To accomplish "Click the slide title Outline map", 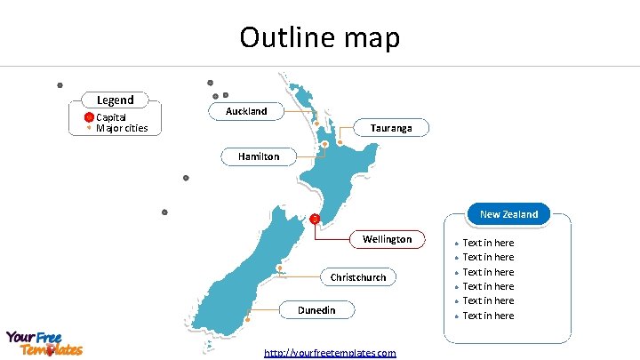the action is (x=320, y=37).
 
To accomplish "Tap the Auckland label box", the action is (x=246, y=111).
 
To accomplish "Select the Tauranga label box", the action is (x=390, y=128).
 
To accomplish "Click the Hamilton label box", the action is (x=259, y=156).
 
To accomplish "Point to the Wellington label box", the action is (x=387, y=239).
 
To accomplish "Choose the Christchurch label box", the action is (x=358, y=277).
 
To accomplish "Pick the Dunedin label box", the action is (x=316, y=309).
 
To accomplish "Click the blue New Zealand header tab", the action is (x=508, y=214).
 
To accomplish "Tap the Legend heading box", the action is (x=115, y=100).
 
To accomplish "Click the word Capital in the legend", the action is (x=111, y=117).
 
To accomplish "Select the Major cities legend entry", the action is (x=122, y=128).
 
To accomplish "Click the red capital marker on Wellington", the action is (x=315, y=219).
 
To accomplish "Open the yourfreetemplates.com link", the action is (x=330, y=353).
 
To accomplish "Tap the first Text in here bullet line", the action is (x=488, y=243).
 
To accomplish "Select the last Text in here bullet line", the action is (x=488, y=316).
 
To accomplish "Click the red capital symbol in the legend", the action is (x=89, y=117).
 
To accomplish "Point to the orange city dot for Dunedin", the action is (x=248, y=317).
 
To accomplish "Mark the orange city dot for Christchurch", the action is (x=280, y=268).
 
